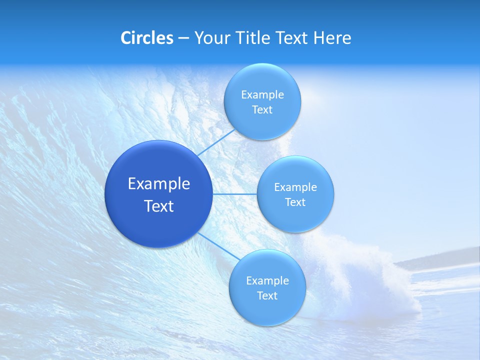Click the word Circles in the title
click(x=147, y=38)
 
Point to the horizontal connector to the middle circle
click(x=234, y=194)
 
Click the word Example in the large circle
click(x=158, y=184)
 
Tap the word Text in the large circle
click(x=158, y=206)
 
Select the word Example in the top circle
click(x=262, y=95)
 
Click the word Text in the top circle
click(x=262, y=110)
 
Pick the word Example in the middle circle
click(x=295, y=187)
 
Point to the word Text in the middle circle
click(x=295, y=202)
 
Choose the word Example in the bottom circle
click(x=267, y=281)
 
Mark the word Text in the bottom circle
click(x=267, y=296)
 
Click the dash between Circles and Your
click(x=183, y=38)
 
